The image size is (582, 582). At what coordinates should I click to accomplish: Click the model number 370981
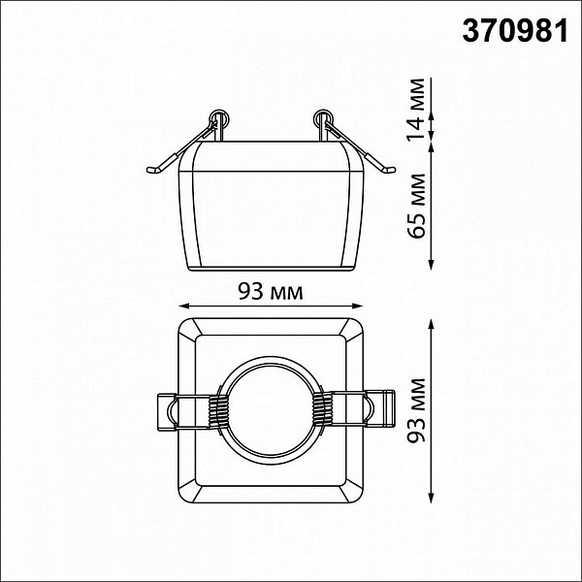pyautogui.click(x=515, y=31)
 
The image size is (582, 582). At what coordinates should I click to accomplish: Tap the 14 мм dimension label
pyautogui.click(x=416, y=110)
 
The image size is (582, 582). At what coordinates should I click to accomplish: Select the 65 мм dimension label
pyautogui.click(x=416, y=206)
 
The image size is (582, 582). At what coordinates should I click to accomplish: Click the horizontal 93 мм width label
pyautogui.click(x=271, y=291)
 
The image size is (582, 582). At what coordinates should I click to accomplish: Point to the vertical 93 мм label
pyautogui.click(x=416, y=410)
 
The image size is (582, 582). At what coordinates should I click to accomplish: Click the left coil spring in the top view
pyautogui.click(x=217, y=410)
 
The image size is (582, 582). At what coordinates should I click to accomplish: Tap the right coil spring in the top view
pyautogui.click(x=320, y=410)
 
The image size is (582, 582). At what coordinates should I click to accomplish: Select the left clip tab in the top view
pyautogui.click(x=167, y=412)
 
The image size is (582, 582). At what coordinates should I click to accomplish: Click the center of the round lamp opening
pyautogui.click(x=271, y=410)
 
